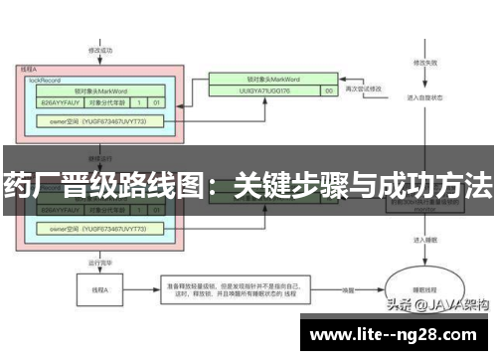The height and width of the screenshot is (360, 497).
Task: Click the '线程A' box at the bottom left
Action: click(100, 289)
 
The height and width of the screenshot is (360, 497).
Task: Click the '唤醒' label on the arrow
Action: click(349, 289)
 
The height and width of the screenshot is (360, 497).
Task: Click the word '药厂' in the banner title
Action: click(29, 185)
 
